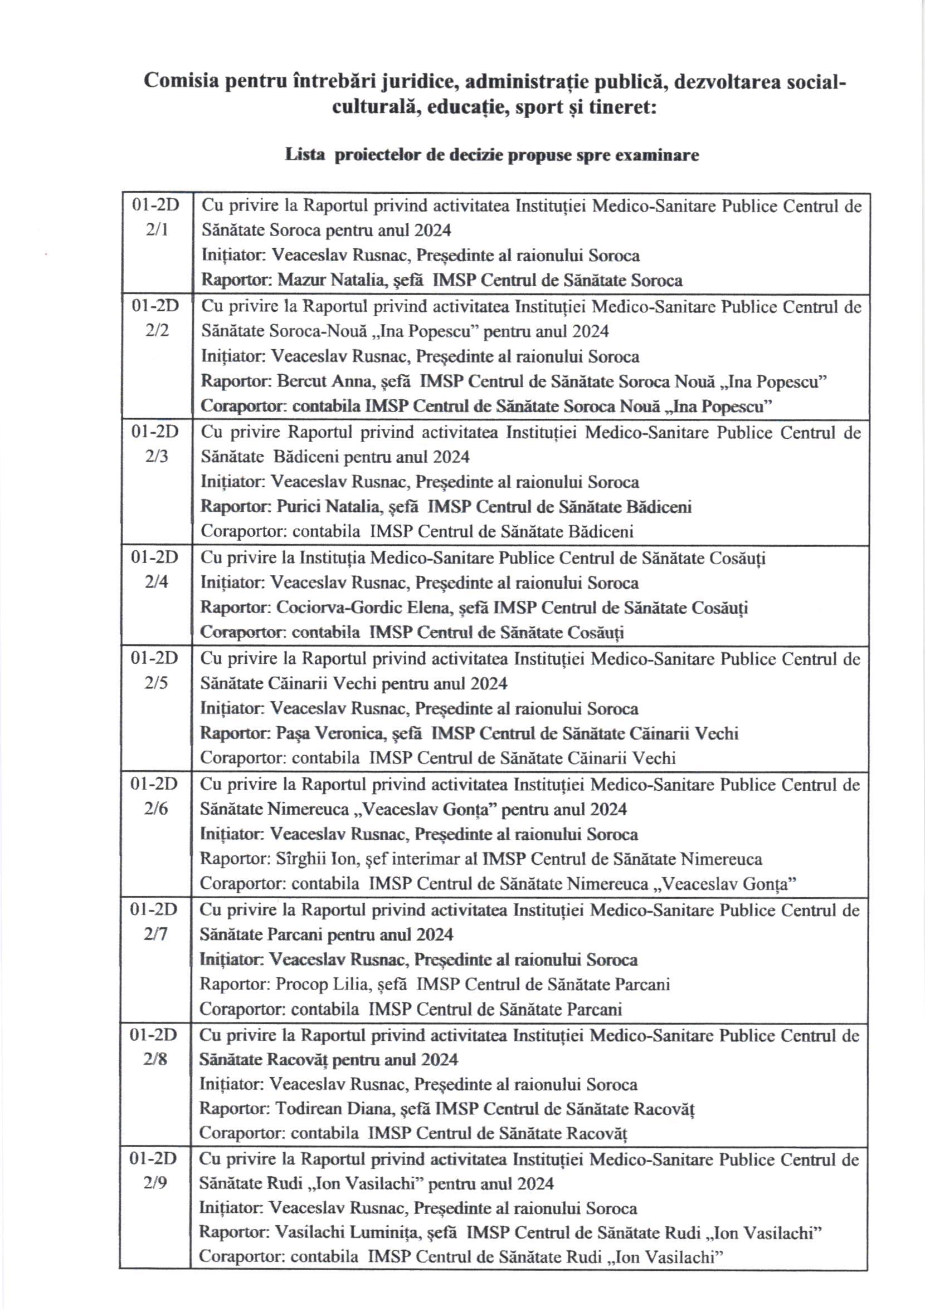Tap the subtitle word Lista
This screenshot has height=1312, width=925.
pyautogui.click(x=305, y=155)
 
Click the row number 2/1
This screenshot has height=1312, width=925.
pyautogui.click(x=157, y=230)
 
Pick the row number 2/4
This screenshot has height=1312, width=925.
pyautogui.click(x=155, y=582)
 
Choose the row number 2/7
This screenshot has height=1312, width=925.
pyautogui.click(x=154, y=934)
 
